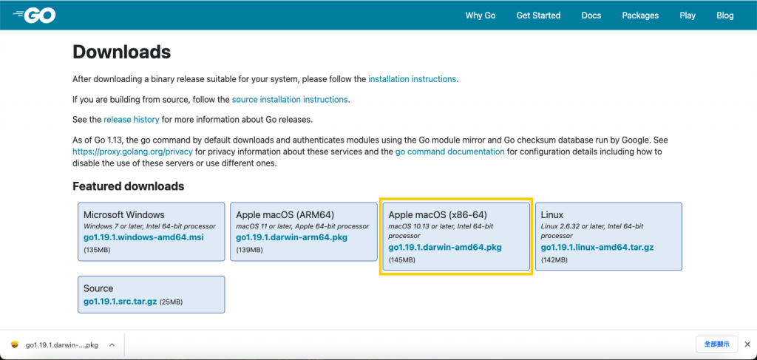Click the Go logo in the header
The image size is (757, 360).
click(x=34, y=15)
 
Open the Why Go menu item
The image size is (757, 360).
click(x=481, y=16)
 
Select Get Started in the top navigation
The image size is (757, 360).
click(x=538, y=16)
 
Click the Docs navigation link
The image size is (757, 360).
click(x=591, y=16)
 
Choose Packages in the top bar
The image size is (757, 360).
click(x=640, y=16)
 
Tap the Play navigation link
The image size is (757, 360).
click(x=688, y=16)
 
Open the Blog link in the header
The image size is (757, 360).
click(x=725, y=16)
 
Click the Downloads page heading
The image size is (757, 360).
click(x=122, y=52)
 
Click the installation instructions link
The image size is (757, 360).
click(x=412, y=79)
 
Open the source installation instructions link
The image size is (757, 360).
click(x=290, y=100)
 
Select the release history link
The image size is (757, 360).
click(x=132, y=119)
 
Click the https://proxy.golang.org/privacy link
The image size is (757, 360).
click(x=133, y=152)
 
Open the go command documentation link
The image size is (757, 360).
click(x=450, y=152)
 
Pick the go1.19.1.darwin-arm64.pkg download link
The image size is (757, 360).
click(x=291, y=237)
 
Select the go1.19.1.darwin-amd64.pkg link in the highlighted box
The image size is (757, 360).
click(x=445, y=248)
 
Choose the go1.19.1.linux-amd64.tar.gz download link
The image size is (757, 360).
click(x=597, y=248)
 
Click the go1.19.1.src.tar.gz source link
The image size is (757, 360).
click(x=120, y=302)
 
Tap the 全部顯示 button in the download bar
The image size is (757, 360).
click(x=716, y=344)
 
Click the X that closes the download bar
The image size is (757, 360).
click(x=747, y=344)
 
